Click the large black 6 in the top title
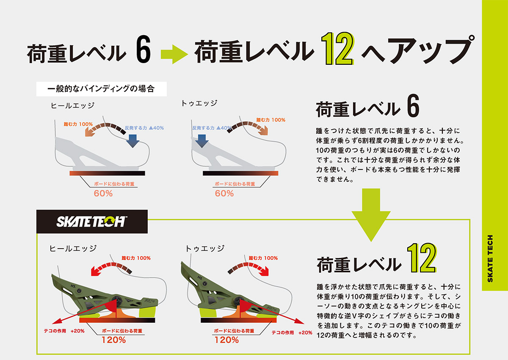point(144,49)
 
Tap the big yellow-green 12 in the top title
point(337,49)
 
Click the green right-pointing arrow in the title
point(174,54)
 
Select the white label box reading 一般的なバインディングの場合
point(101,89)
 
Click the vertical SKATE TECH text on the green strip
point(490,258)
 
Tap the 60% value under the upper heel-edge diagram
point(103,194)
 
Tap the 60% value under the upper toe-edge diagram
point(224,194)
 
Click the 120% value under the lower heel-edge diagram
point(113,340)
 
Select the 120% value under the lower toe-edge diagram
point(226,340)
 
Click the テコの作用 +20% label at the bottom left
point(64,331)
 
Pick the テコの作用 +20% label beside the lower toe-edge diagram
point(292,332)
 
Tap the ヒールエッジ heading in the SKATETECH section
point(73,248)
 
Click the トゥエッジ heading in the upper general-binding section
point(199,103)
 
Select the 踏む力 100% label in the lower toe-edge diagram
point(263,258)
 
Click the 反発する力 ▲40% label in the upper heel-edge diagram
point(144,128)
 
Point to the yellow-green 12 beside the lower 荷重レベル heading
point(422,258)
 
